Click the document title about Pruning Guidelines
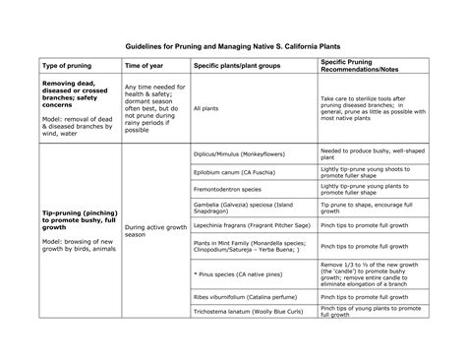233,45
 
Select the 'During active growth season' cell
148,232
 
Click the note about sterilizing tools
374,108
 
